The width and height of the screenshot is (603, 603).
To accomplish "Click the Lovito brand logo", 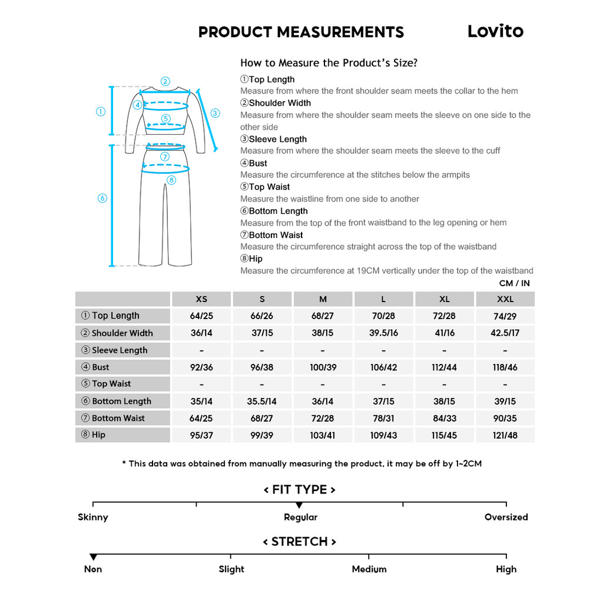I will [495, 31].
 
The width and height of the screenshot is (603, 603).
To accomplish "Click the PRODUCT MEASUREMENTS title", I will [301, 32].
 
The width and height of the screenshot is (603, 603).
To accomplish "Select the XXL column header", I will [505, 299].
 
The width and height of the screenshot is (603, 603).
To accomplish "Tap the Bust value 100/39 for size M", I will [323, 367].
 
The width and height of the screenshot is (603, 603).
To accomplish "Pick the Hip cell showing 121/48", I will [505, 435].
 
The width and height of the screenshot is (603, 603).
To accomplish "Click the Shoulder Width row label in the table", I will [122, 333].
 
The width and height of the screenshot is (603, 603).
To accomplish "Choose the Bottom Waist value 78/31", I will [383, 418].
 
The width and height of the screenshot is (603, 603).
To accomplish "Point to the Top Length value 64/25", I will [201, 316].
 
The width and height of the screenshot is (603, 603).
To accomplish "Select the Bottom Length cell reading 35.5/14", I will [262, 401].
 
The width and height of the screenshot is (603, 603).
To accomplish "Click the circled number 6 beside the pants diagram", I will [102, 198].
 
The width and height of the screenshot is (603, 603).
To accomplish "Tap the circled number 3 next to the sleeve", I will [215, 113].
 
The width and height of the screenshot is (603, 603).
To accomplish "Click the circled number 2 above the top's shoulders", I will [165, 82].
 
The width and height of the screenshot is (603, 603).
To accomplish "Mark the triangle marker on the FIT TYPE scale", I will [299, 505].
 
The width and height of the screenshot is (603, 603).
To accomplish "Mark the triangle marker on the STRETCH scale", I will [93, 557].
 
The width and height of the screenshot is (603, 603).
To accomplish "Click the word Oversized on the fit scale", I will [506, 517].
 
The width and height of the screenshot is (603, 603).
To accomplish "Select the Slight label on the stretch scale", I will [231, 569].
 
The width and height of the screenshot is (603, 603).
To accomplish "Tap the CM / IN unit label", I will [514, 283].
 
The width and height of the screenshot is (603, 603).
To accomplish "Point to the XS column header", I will [201, 299].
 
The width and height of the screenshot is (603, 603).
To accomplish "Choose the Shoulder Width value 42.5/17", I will [505, 333].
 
